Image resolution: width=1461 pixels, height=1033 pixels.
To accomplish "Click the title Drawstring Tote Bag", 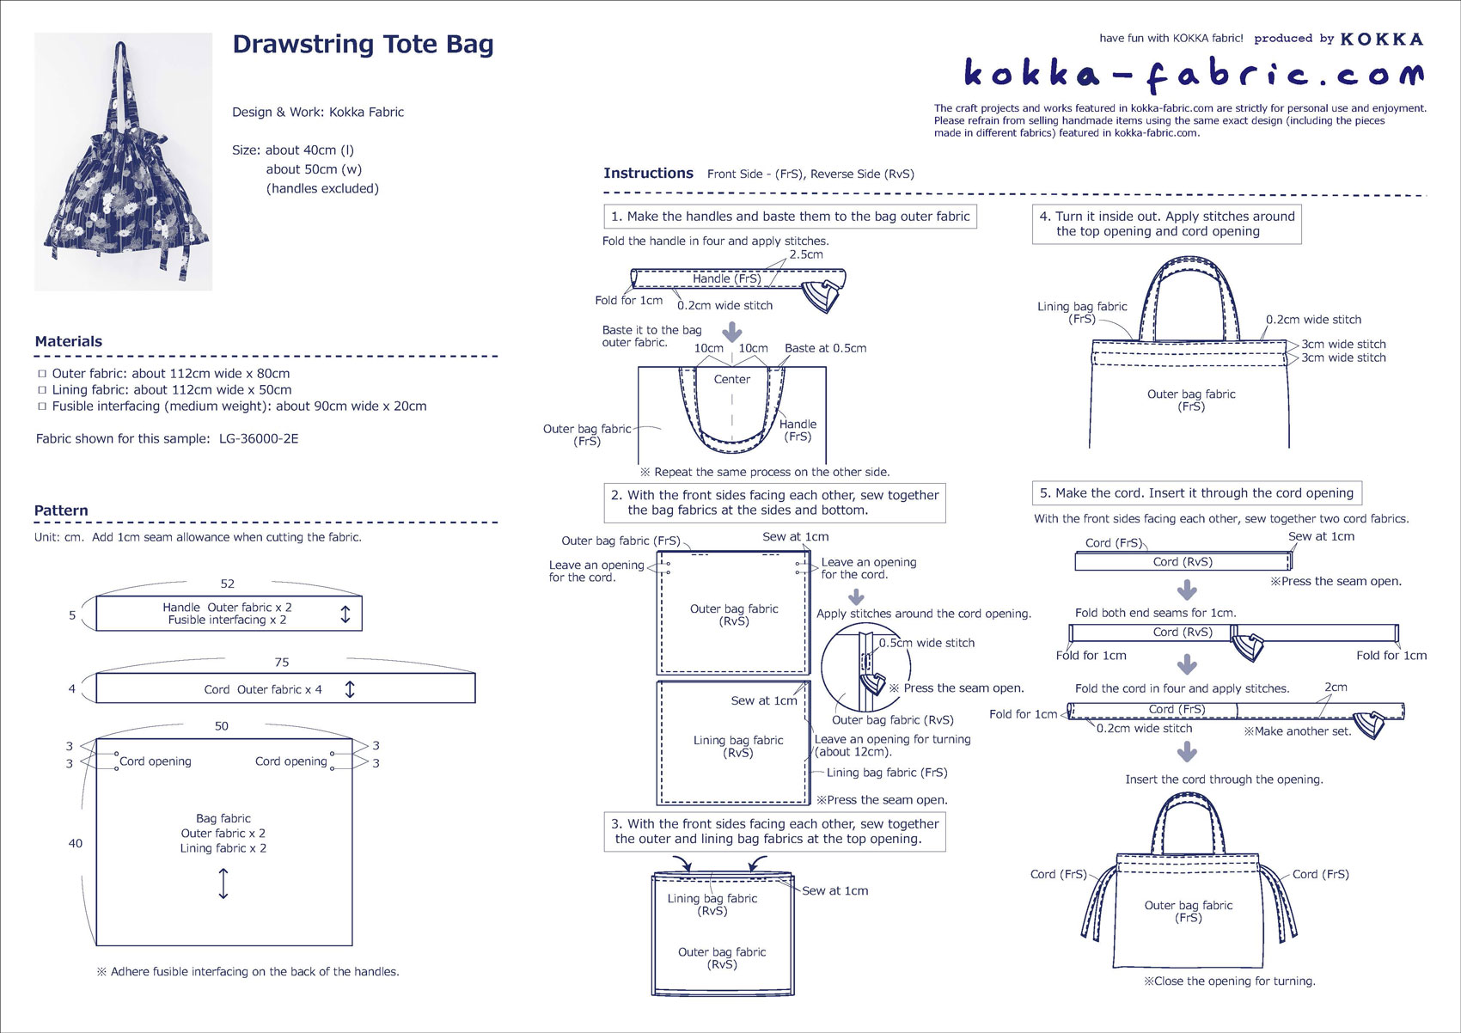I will pos(363,45).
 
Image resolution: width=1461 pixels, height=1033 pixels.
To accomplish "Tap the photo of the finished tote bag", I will pos(123,162).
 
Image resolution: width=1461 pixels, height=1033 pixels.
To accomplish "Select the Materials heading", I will pos(69,341).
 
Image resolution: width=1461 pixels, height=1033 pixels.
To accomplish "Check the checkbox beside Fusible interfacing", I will pos(42,406).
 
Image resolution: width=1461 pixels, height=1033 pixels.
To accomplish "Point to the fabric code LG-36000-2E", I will pos(259,438).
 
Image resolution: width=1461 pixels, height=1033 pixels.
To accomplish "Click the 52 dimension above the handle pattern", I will pos(228,584).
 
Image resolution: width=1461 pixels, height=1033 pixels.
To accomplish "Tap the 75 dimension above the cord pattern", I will pos(282,663).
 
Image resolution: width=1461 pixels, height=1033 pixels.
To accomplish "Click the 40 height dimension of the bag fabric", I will pos(76,843).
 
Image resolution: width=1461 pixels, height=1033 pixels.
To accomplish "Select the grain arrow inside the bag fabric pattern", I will pos(223,883).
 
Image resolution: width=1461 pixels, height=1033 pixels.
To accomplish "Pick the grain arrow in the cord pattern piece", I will pos(350,689).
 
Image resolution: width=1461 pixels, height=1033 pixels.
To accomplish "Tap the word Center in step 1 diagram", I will pos(732,379).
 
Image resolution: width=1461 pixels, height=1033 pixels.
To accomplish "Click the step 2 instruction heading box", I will pos(774,503).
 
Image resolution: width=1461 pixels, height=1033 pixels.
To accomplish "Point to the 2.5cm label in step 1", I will pos(806,254).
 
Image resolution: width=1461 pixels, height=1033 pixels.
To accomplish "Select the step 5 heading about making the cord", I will pos(1196,493).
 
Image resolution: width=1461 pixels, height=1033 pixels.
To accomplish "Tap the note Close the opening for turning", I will pos(1229,981).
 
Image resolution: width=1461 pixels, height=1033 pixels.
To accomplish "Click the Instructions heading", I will pos(648,173).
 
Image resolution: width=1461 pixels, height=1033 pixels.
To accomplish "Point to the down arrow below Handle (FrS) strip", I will pos(732,332).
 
